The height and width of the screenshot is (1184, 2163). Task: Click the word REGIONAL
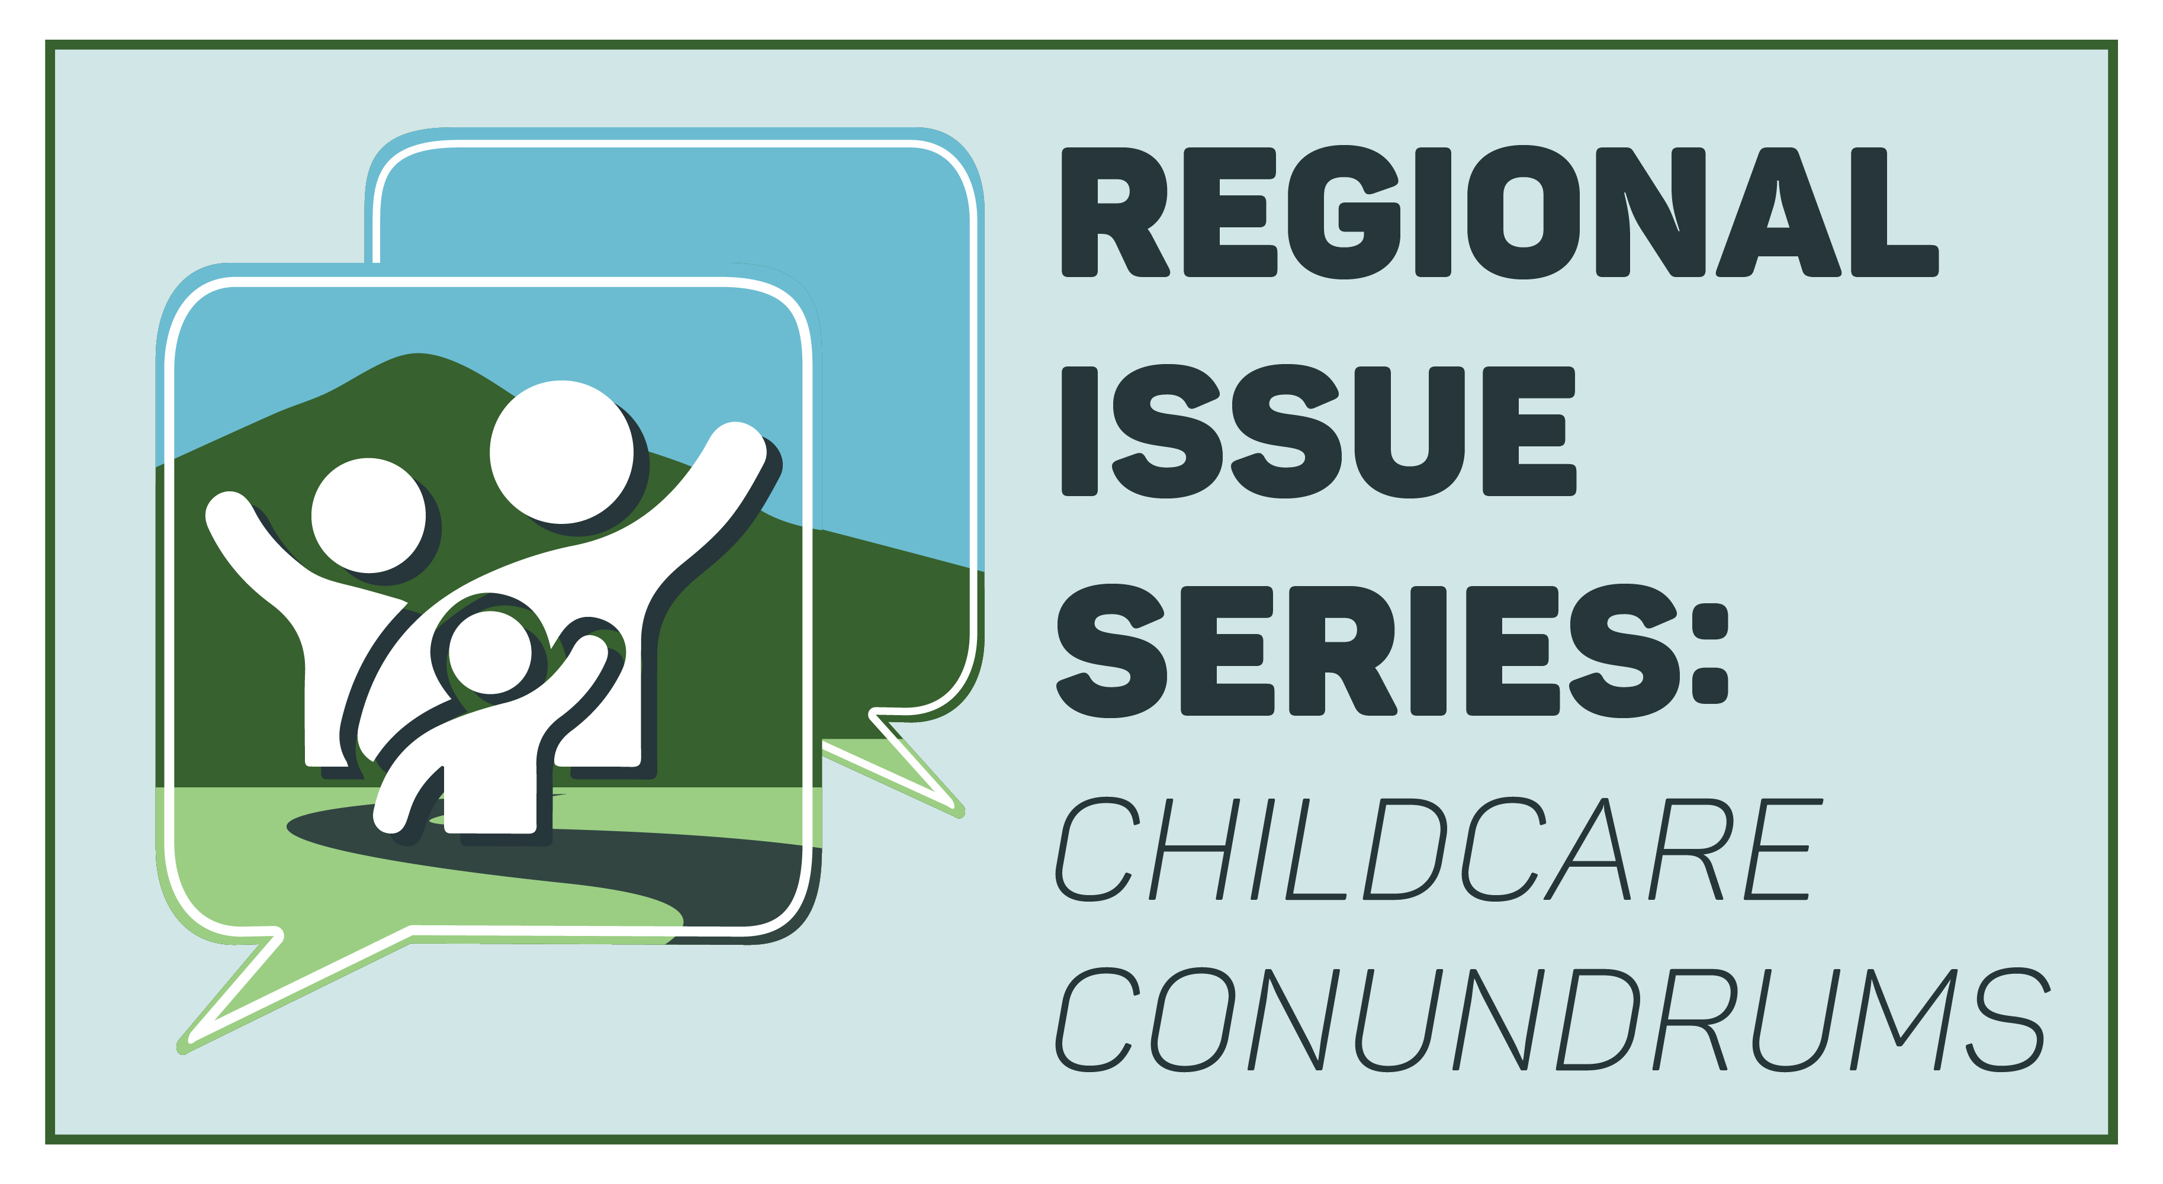pyautogui.click(x=1500, y=213)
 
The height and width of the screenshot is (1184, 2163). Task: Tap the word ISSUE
pyautogui.click(x=1318, y=432)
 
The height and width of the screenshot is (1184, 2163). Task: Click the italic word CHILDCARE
pyautogui.click(x=1438, y=849)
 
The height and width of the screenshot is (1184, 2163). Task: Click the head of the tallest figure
pyautogui.click(x=562, y=452)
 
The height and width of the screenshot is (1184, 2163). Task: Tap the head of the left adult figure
pyautogui.click(x=369, y=516)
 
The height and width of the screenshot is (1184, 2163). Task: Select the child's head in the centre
pyautogui.click(x=490, y=652)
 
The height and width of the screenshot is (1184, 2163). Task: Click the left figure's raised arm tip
pyautogui.click(x=227, y=509)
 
